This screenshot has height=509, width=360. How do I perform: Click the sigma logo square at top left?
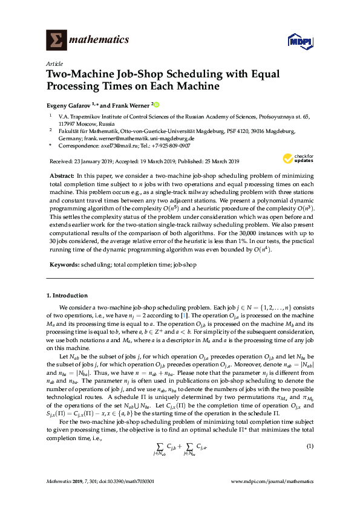point(56,40)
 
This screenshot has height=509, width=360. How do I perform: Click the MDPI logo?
point(296,41)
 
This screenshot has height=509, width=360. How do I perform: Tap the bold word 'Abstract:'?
point(61,175)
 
